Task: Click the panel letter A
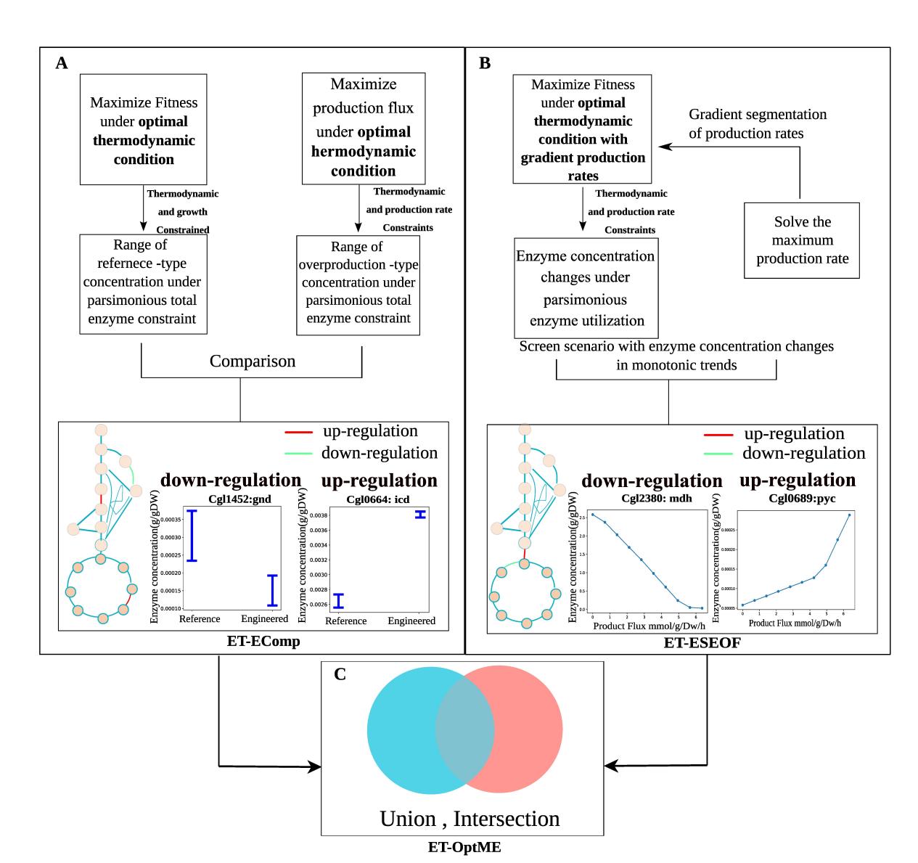click(62, 63)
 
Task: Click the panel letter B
click(485, 63)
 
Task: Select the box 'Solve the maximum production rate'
click(802, 240)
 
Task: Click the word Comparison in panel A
click(252, 361)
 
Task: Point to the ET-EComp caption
click(253, 642)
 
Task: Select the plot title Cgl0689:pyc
click(798, 499)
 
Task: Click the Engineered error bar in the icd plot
click(419, 514)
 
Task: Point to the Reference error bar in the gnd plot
click(192, 536)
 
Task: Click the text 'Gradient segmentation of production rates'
click(758, 124)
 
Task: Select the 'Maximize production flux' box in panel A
click(363, 128)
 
